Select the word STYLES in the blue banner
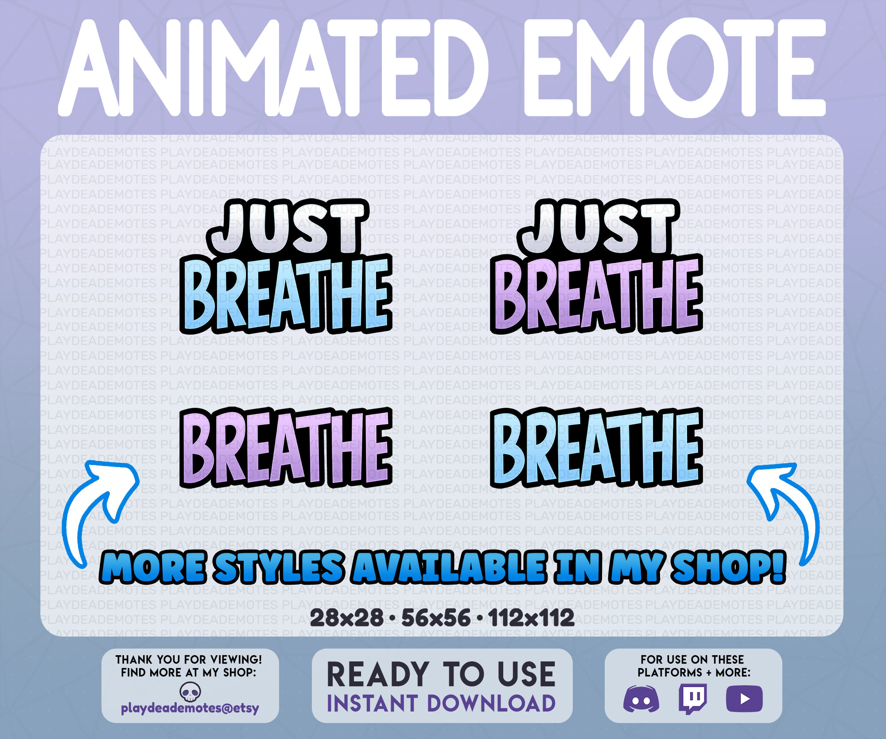tap(279, 567)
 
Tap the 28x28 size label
tap(346, 618)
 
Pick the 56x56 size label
tap(436, 618)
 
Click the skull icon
tap(190, 692)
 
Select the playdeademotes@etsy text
tap(190, 708)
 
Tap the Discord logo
tap(641, 699)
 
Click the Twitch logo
tap(693, 698)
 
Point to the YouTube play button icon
tap(744, 699)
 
